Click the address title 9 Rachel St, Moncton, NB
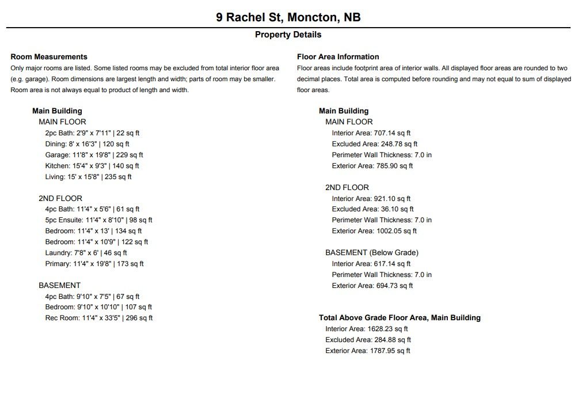point(288,17)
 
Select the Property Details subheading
point(288,35)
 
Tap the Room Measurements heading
point(49,56)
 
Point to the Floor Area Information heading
point(338,56)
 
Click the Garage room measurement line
point(94,155)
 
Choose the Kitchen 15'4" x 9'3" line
point(92,166)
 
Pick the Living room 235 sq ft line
point(88,177)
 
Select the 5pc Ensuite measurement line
point(98,220)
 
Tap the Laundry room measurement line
point(86,253)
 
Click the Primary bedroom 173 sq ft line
point(94,264)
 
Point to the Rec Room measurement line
point(98,318)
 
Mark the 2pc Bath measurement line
point(92,133)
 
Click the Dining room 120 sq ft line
point(87,144)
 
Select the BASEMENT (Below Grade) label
point(371,253)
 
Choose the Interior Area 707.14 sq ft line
point(371,133)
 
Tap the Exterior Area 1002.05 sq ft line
point(374,231)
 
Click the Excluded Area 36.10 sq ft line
point(372,209)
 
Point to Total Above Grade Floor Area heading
point(400,318)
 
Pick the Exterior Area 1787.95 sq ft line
point(367,351)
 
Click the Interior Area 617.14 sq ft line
point(371,264)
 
